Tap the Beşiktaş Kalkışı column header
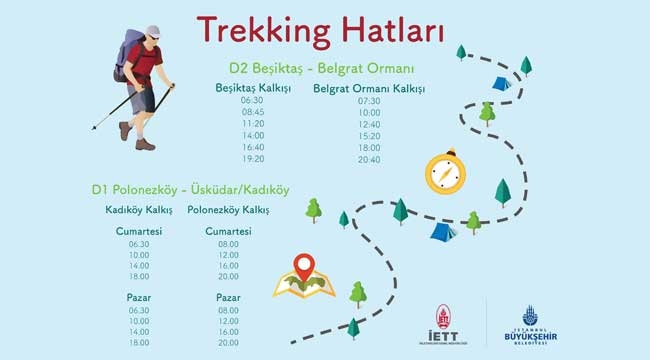(x=253, y=87)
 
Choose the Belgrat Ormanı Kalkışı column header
(x=369, y=88)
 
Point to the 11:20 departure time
(x=253, y=123)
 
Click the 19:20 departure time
(x=253, y=158)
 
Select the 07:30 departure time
(x=369, y=101)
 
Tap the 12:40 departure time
(x=369, y=124)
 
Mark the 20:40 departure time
(x=369, y=159)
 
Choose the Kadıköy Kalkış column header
(x=139, y=210)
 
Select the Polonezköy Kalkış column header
(x=228, y=210)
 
